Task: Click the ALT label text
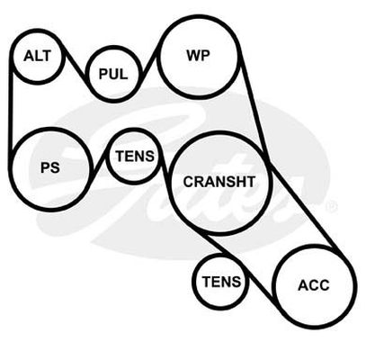tap(38, 56)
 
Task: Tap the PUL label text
tap(113, 74)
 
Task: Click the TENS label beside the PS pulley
tap(135, 156)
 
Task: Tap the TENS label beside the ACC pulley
tap(221, 282)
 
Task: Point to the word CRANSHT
tap(219, 182)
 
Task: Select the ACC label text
tap(314, 285)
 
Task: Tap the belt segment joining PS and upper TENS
tap(99, 161)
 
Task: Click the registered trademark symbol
tap(332, 206)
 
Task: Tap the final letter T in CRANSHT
tap(250, 182)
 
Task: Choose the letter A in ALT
tap(28, 56)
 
